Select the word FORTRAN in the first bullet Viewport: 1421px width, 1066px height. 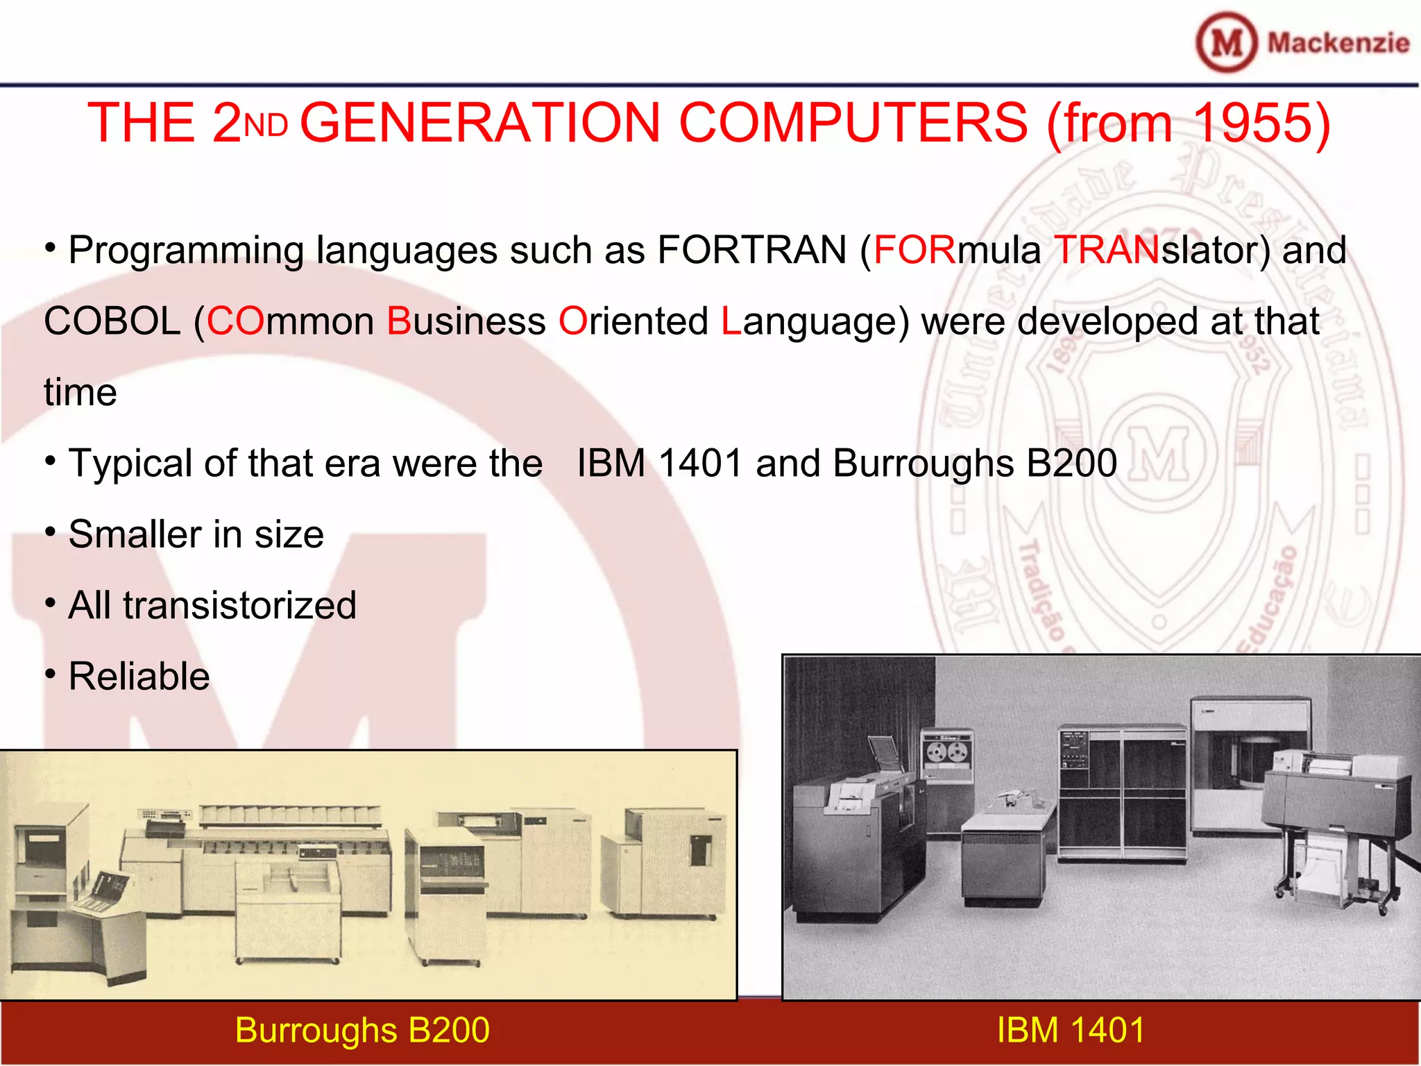pyautogui.click(x=751, y=250)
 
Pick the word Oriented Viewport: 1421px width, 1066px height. pyautogui.click(x=633, y=321)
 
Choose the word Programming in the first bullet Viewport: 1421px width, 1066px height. pyautogui.click(x=186, y=251)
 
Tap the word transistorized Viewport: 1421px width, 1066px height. pyautogui.click(x=239, y=605)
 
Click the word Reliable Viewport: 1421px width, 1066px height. pyautogui.click(x=139, y=676)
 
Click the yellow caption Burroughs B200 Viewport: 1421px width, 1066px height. pyautogui.click(x=362, y=1030)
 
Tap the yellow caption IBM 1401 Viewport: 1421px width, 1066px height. pyautogui.click(x=1071, y=1030)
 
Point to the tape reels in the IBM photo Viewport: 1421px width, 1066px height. pyautogui.click(x=947, y=752)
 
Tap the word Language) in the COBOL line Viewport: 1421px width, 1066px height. pyautogui.click(x=815, y=321)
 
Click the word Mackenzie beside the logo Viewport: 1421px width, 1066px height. pyautogui.click(x=1338, y=43)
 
